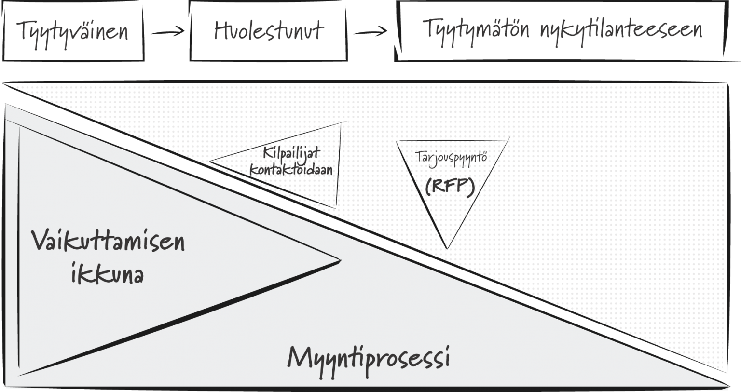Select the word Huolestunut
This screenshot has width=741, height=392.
(269, 30)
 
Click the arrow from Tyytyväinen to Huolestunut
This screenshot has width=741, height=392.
(168, 32)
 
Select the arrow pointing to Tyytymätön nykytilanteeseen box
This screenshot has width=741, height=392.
(370, 32)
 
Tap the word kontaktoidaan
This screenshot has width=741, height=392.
(291, 170)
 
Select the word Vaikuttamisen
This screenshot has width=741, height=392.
(108, 241)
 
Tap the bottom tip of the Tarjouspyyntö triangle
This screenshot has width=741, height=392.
(447, 248)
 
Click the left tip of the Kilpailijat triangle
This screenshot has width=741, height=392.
(210, 162)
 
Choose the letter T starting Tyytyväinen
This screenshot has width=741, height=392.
(23, 30)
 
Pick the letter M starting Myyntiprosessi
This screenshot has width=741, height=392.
(300, 357)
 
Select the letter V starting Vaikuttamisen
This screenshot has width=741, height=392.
(41, 240)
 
